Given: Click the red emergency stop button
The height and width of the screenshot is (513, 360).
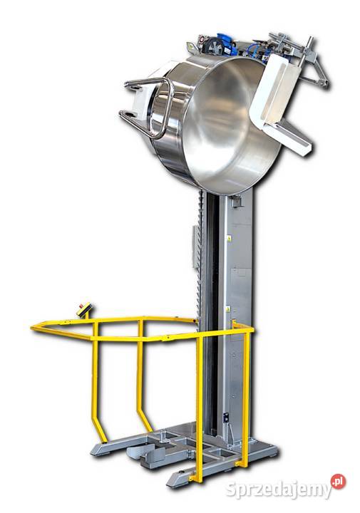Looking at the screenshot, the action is [81, 306].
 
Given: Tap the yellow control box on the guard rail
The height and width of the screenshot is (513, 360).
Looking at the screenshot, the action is [85, 310].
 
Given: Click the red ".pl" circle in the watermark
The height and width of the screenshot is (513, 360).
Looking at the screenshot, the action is [338, 481].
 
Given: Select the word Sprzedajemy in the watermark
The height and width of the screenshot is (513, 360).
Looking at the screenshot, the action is [278, 489].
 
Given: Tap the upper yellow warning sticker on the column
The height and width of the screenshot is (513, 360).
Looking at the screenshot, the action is [229, 239].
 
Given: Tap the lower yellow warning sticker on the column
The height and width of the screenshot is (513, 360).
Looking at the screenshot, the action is [227, 309].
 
